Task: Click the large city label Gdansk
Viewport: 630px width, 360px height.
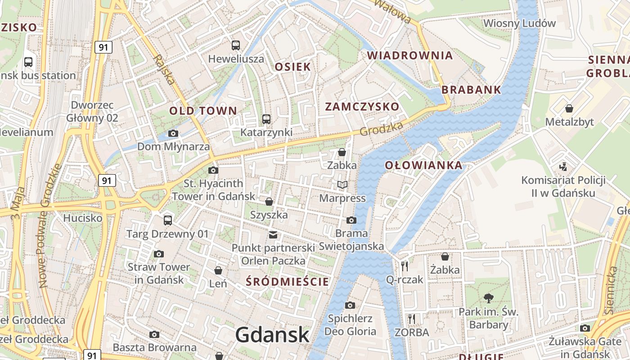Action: pyautogui.click(x=272, y=335)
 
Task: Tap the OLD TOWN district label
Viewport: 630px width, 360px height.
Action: pyautogui.click(x=203, y=111)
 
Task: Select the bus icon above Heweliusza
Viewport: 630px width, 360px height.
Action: pyautogui.click(x=236, y=45)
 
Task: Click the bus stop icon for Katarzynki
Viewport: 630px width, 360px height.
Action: pyautogui.click(x=266, y=119)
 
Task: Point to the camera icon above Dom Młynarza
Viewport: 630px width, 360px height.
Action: pyautogui.click(x=173, y=133)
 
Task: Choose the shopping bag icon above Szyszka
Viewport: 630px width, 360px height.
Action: pyautogui.click(x=269, y=201)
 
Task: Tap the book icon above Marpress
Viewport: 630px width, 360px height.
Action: pyautogui.click(x=342, y=184)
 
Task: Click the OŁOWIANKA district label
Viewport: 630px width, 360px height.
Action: pyautogui.click(x=423, y=165)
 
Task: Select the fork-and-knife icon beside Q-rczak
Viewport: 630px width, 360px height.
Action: pyautogui.click(x=405, y=266)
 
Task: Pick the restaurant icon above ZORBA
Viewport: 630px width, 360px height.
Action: pyautogui.click(x=412, y=319)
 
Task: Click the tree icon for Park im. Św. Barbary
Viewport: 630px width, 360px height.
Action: pyautogui.click(x=488, y=297)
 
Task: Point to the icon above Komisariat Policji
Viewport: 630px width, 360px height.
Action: pyautogui.click(x=563, y=167)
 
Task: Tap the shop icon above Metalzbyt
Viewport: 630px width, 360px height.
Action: pyautogui.click(x=569, y=108)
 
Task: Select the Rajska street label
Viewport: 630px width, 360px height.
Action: pyautogui.click(x=163, y=70)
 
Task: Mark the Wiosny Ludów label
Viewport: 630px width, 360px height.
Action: pyautogui.click(x=519, y=23)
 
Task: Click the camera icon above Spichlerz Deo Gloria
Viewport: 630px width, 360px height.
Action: pyautogui.click(x=350, y=305)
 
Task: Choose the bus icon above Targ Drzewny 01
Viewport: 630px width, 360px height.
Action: pyautogui.click(x=168, y=220)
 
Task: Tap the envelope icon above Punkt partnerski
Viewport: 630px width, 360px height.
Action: pyautogui.click(x=273, y=234)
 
